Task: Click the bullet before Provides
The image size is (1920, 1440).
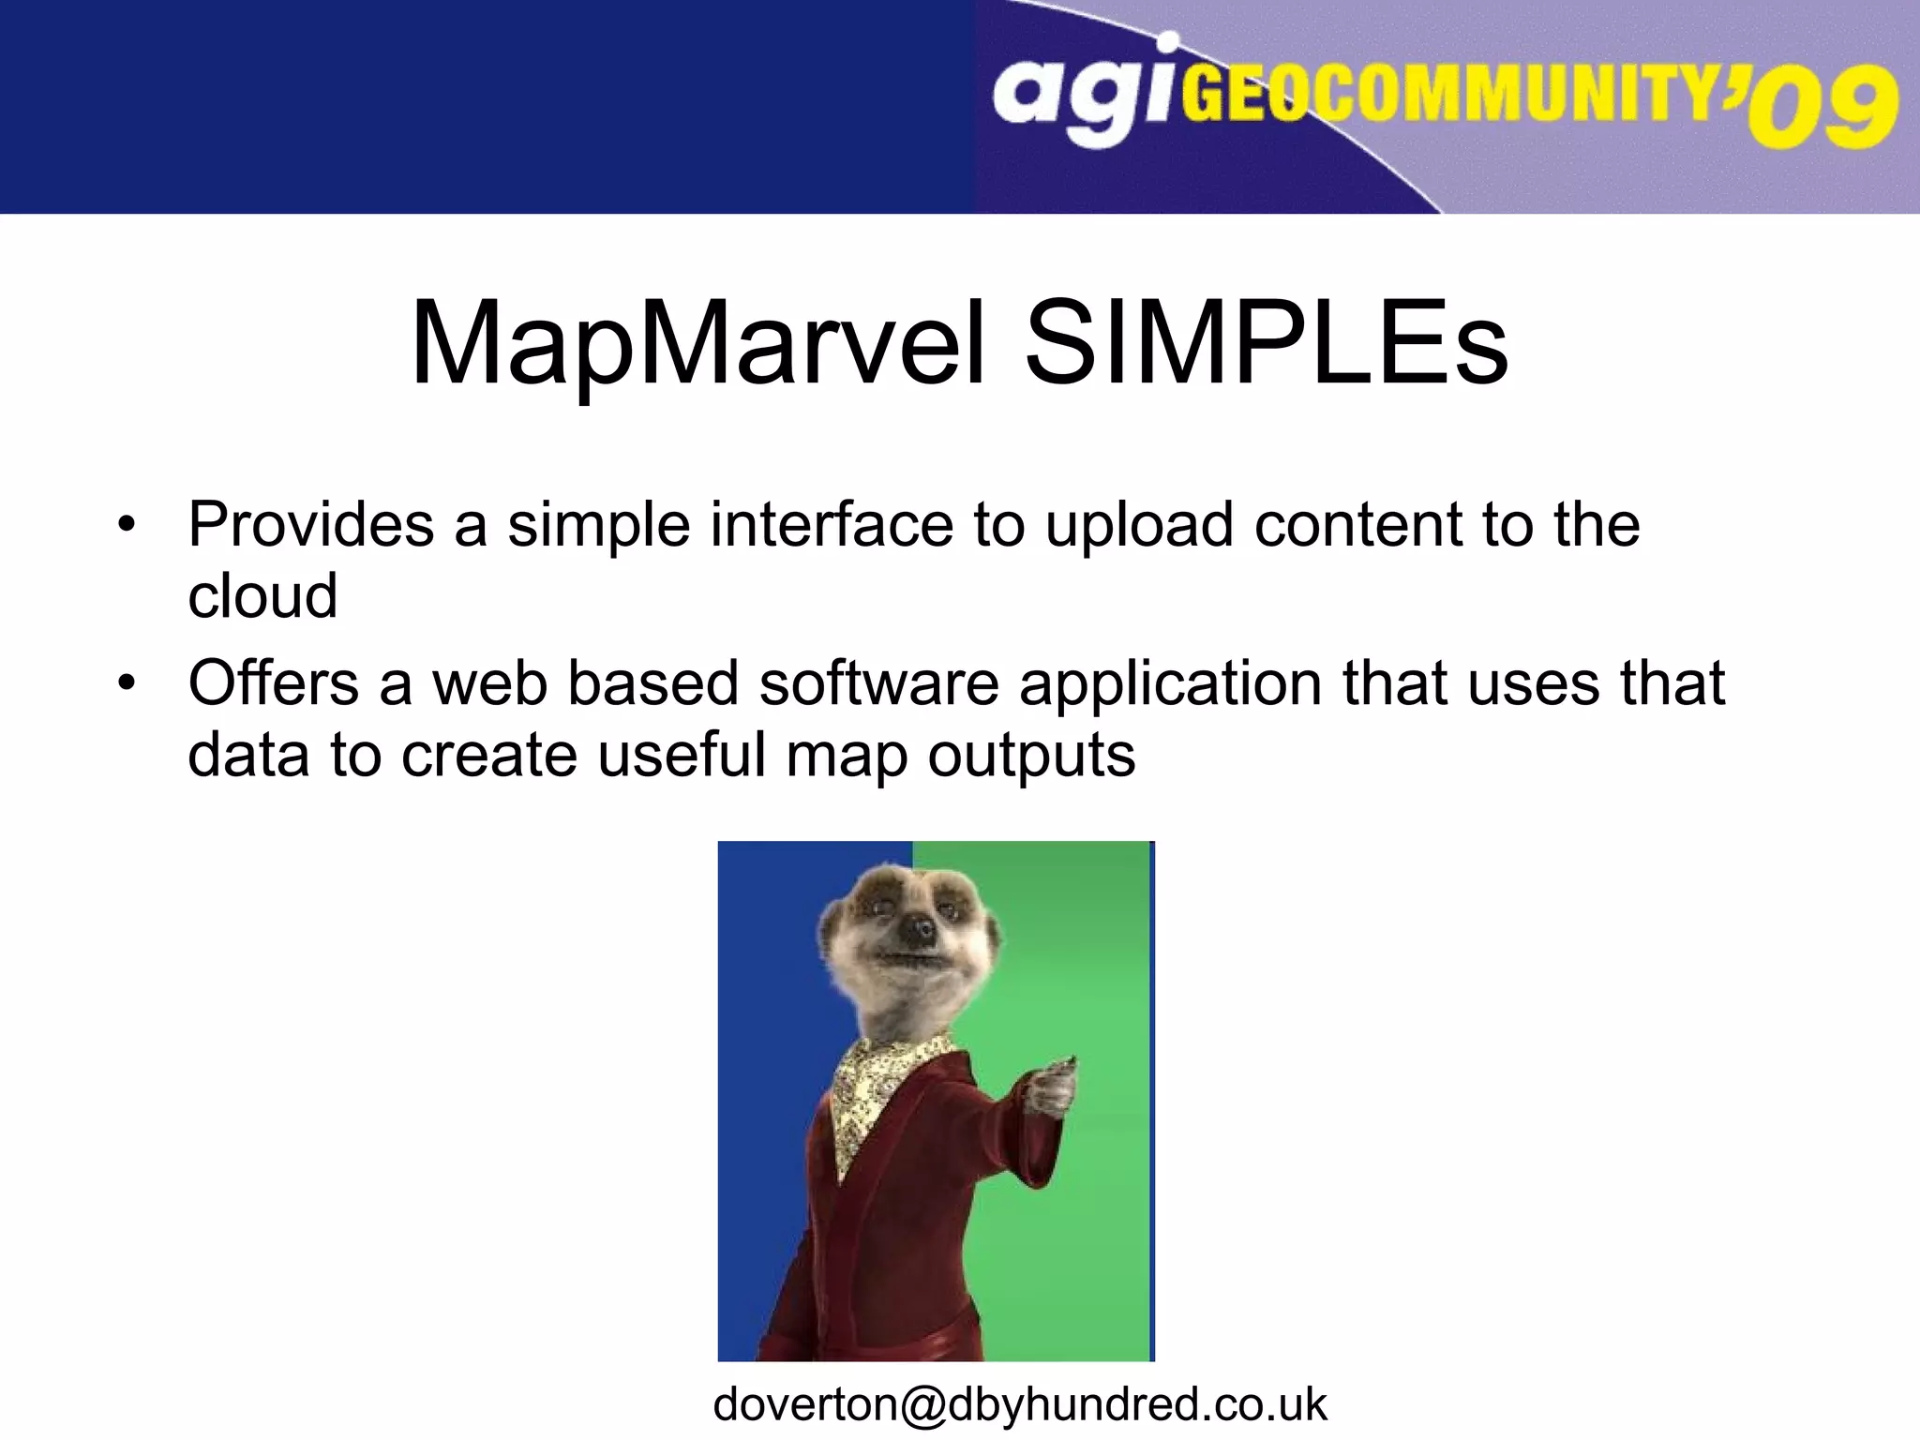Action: point(127,524)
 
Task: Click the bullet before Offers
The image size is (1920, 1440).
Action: point(127,682)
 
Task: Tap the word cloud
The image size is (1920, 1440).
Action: point(262,596)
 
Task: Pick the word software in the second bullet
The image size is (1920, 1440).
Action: point(878,682)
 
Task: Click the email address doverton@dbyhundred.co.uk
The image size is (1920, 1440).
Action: point(1019,1404)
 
